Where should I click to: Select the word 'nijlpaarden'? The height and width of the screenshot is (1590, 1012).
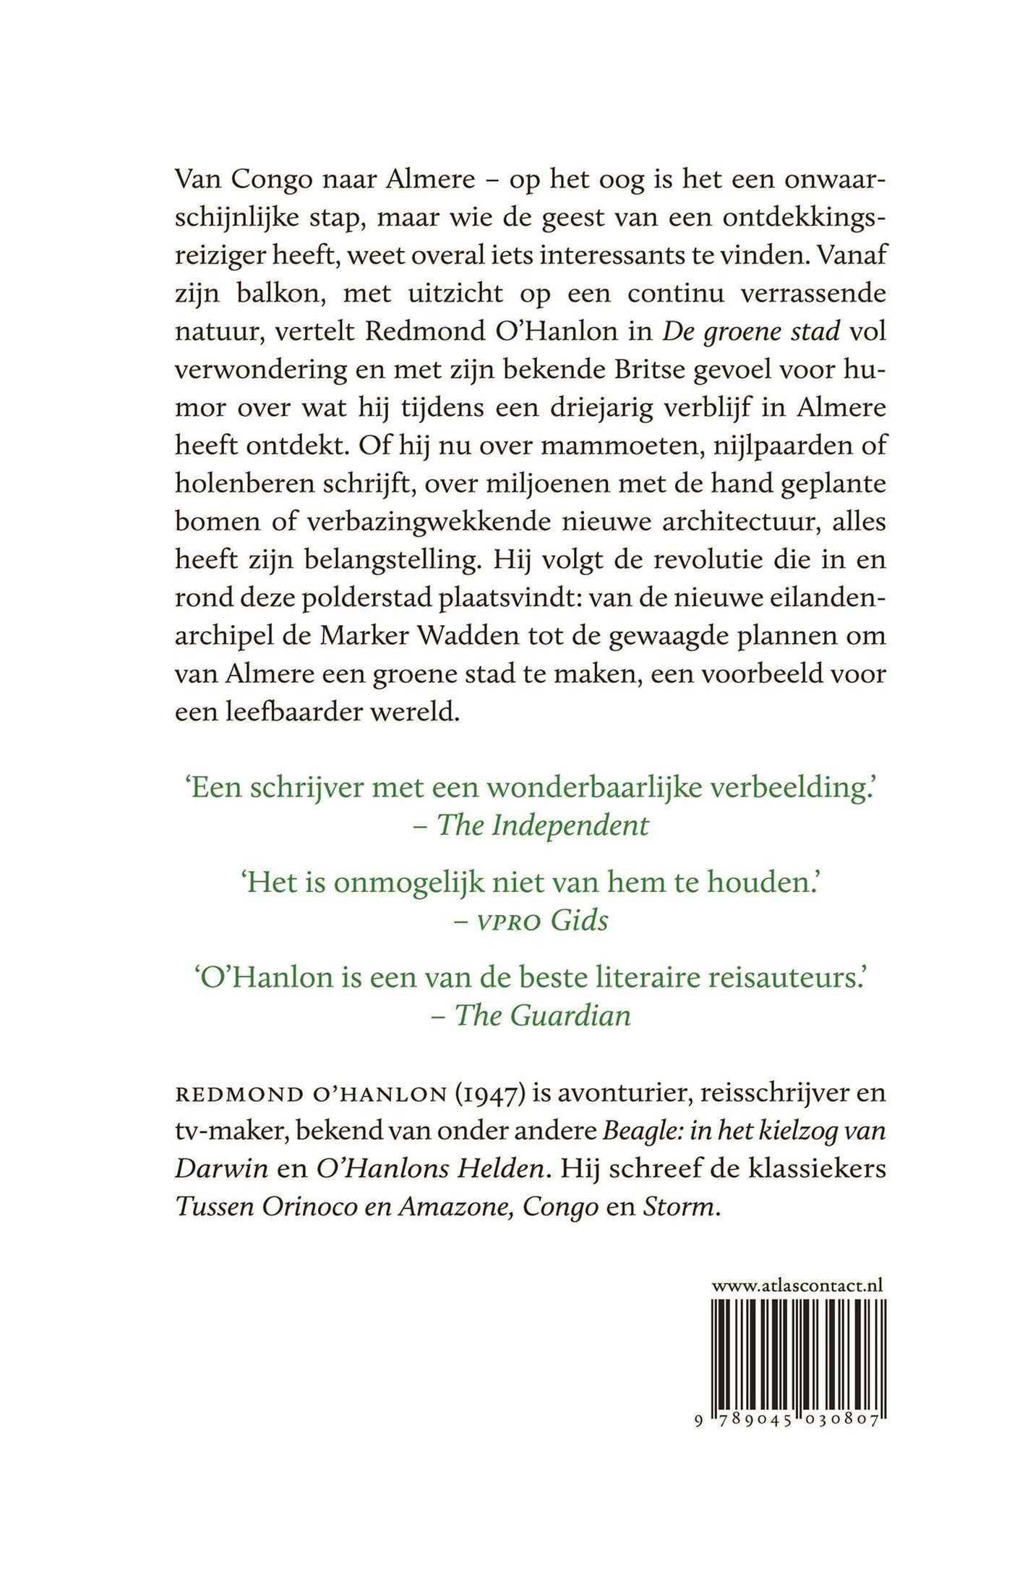(x=774, y=446)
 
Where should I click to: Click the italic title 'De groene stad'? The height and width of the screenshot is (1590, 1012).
(x=752, y=332)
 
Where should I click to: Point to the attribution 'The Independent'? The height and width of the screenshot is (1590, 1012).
(x=542, y=825)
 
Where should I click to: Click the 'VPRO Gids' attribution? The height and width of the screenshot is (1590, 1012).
(x=541, y=920)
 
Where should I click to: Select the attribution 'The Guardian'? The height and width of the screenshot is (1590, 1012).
(x=542, y=1015)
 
